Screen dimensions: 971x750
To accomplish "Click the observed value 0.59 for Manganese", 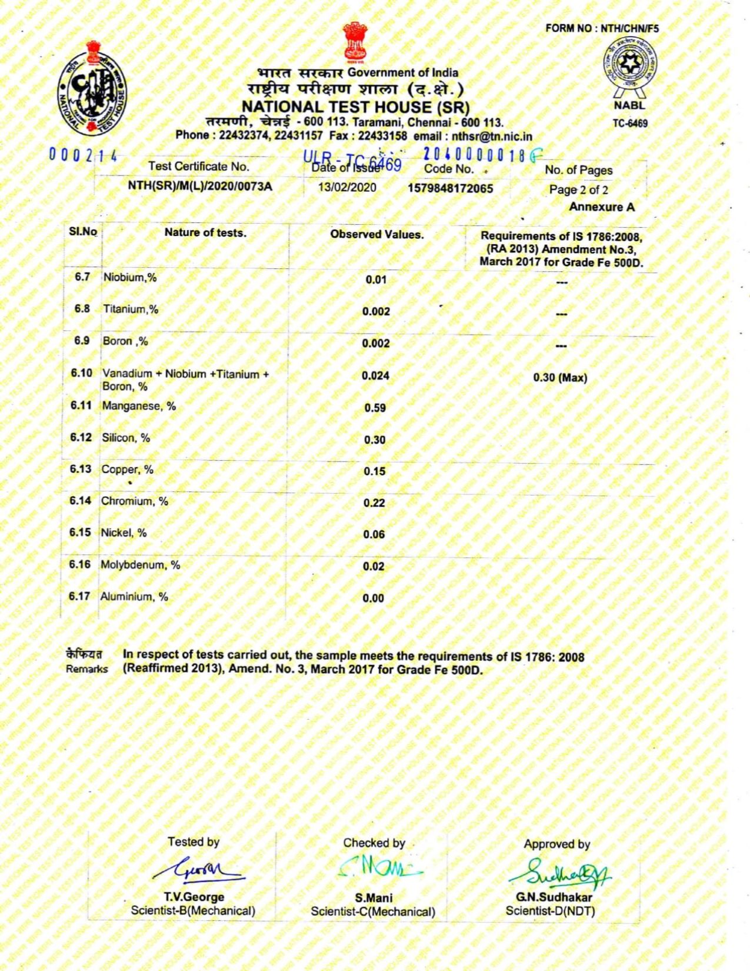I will click(x=375, y=408).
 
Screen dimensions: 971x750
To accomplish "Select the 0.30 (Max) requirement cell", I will click(x=560, y=378).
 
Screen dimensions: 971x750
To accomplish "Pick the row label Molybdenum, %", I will click(x=141, y=565).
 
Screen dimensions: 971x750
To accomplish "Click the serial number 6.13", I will click(x=81, y=469).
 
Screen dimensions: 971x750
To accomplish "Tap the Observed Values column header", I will click(x=376, y=234).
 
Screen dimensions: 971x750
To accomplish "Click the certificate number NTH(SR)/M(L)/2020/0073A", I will click(x=200, y=187).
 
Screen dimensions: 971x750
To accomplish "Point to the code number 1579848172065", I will click(x=450, y=188).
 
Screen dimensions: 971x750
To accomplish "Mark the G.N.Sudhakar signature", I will click(x=559, y=871).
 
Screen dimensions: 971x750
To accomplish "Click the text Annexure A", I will click(x=601, y=207).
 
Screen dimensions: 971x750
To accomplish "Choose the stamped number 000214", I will click(x=83, y=156).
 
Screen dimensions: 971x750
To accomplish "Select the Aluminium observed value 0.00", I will click(x=373, y=598).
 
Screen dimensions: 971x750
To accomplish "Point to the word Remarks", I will click(x=86, y=669).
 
